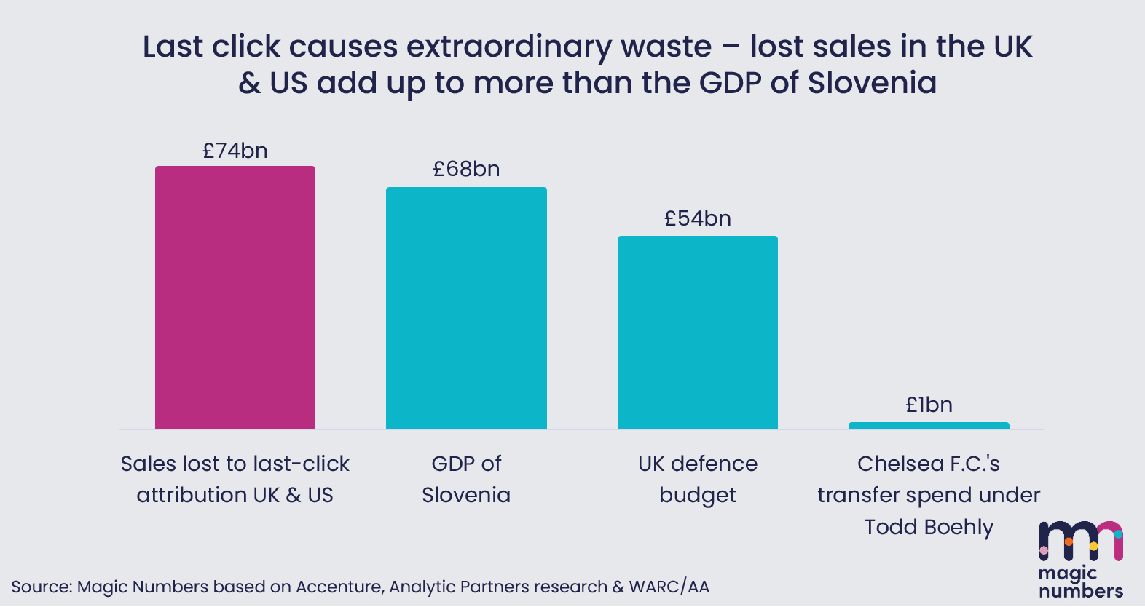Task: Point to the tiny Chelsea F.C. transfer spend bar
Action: tap(929, 425)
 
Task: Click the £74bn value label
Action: tap(235, 151)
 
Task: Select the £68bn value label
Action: tap(466, 169)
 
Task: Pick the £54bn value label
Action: tap(698, 218)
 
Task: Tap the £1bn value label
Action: tap(929, 405)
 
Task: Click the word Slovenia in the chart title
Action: tap(872, 82)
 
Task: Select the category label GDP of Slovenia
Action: tap(466, 479)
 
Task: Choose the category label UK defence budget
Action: tap(698, 479)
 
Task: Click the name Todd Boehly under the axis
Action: tap(929, 526)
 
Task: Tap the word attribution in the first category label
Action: tap(192, 495)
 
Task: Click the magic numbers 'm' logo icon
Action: tap(1081, 541)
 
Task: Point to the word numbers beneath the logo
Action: tap(1081, 590)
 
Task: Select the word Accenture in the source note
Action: tap(339, 587)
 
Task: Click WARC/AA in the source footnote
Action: tap(669, 587)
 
